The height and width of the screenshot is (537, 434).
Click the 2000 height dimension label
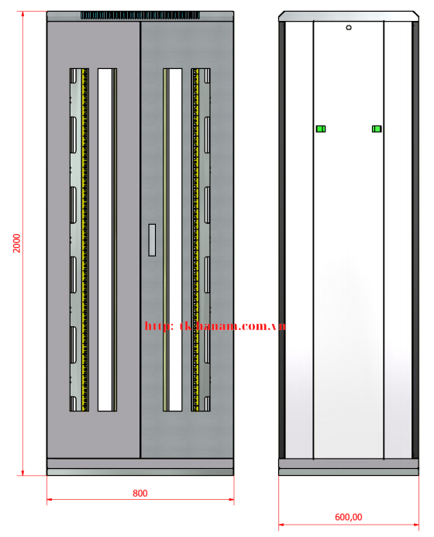pos(16,243)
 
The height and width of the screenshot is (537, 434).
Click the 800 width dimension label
pos(139,493)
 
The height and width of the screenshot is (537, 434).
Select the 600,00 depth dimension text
pos(348,517)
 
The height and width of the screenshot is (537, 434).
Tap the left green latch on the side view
pos(320,129)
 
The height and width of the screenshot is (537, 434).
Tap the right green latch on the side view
pos(377,129)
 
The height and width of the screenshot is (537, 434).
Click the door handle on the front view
pos(152,239)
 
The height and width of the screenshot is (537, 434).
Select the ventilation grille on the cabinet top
pos(140,15)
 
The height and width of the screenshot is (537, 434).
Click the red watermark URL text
pos(215,326)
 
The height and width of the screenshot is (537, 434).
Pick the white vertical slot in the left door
pos(106,239)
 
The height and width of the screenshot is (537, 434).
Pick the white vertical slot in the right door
pos(175,239)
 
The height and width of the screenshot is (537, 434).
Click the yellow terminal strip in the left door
pos(85,239)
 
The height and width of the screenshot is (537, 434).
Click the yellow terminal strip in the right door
pos(195,239)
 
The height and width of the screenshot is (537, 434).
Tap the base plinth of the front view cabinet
pos(140,466)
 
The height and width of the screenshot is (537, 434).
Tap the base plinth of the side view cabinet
pos(349,466)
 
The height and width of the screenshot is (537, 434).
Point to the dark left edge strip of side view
pos(283,239)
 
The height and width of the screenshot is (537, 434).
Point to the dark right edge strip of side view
pos(415,239)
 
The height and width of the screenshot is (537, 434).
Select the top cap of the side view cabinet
pos(349,16)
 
